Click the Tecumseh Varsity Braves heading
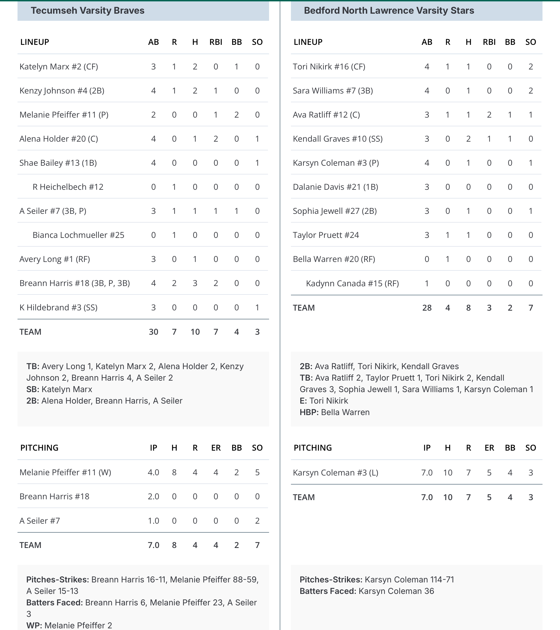pyautogui.click(x=87, y=10)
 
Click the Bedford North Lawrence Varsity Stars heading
pyautogui.click(x=389, y=10)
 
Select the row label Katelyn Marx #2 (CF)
pyautogui.click(x=59, y=66)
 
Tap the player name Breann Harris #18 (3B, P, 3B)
pyautogui.click(x=75, y=283)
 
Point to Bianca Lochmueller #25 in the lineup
pyautogui.click(x=78, y=235)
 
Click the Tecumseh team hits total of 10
pyautogui.click(x=195, y=332)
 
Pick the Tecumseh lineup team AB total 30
pyautogui.click(x=153, y=332)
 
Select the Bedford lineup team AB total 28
pyautogui.click(x=427, y=308)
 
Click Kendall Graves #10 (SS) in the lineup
pyautogui.click(x=337, y=139)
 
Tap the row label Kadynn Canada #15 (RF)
pyautogui.click(x=352, y=284)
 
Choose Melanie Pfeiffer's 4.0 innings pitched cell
pyautogui.click(x=153, y=472)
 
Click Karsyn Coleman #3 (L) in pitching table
pyautogui.click(x=335, y=473)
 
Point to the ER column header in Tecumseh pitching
pyautogui.click(x=216, y=448)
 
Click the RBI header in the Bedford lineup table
pyautogui.click(x=489, y=42)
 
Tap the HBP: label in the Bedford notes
pyautogui.click(x=309, y=412)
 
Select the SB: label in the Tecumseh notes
pyautogui.click(x=33, y=389)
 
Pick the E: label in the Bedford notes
pyautogui.click(x=303, y=401)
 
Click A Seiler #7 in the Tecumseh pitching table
pyautogui.click(x=40, y=521)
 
